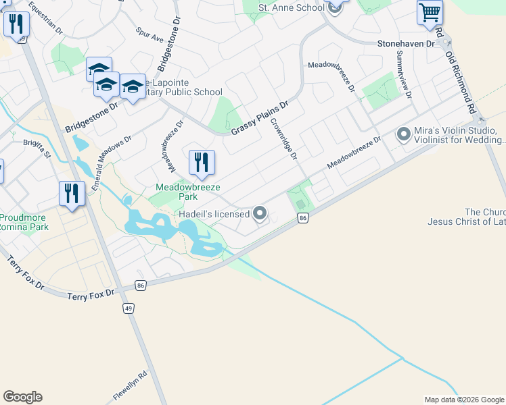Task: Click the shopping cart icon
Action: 430,13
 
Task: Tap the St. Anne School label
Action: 292,7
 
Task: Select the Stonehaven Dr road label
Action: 406,44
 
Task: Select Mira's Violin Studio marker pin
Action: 404,134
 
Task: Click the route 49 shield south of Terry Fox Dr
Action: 129,308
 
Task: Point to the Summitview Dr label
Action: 405,74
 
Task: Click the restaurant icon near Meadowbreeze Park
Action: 201,162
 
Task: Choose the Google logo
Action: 22,397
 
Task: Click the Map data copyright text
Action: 463,400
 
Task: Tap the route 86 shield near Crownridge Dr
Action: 303,217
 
